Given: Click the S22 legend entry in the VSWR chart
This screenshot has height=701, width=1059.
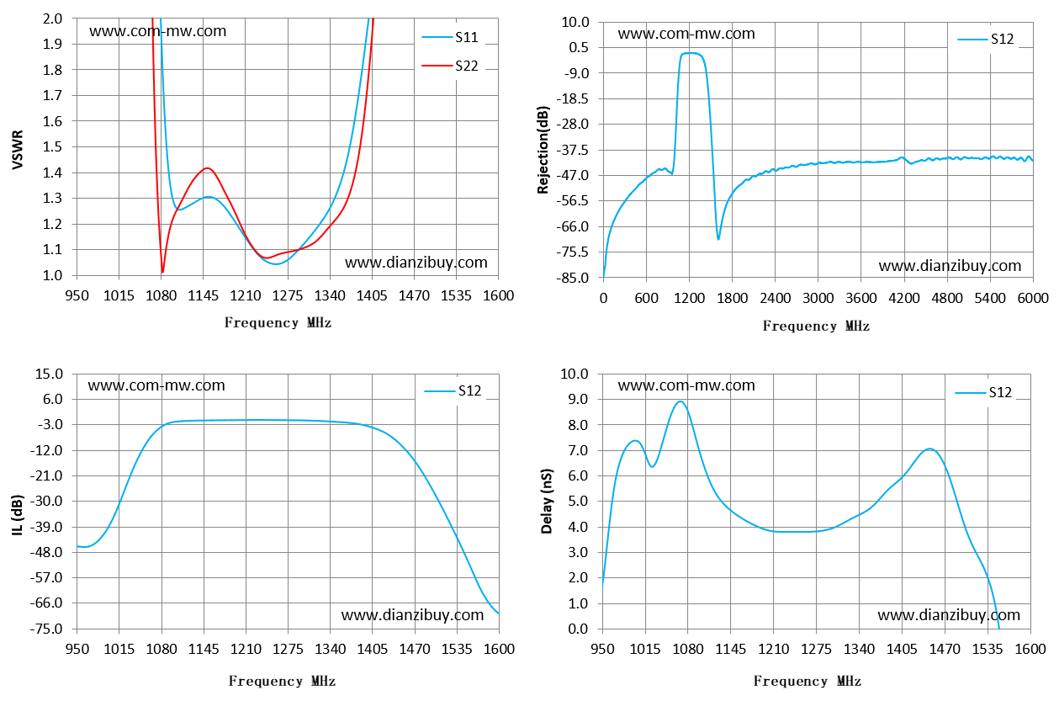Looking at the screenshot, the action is pyautogui.click(x=450, y=66).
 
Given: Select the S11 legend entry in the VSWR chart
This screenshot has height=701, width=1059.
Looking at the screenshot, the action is pyautogui.click(x=450, y=37).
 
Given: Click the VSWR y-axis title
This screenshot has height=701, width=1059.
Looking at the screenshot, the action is pyautogui.click(x=18, y=150).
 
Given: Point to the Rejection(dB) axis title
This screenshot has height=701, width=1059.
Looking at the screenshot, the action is pyautogui.click(x=543, y=150).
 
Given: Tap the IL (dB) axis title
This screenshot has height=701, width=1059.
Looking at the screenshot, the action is pyautogui.click(x=18, y=515).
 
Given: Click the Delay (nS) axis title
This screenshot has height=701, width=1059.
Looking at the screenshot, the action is pyautogui.click(x=547, y=502).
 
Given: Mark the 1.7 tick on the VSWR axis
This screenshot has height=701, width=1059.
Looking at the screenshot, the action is pyautogui.click(x=52, y=96).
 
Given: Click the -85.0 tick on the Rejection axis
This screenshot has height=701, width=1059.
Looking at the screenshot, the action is pyautogui.click(x=573, y=278).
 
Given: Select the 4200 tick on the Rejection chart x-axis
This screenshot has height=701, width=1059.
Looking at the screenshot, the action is pyautogui.click(x=904, y=298).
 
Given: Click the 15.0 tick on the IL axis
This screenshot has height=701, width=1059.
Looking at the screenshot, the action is pyautogui.click(x=49, y=374).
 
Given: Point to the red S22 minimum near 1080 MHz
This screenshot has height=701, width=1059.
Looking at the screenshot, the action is pyautogui.click(x=162, y=273).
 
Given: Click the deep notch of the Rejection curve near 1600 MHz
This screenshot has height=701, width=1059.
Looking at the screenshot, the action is pyautogui.click(x=718, y=239).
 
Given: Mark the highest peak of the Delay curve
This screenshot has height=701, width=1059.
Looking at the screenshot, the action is pyautogui.click(x=680, y=401).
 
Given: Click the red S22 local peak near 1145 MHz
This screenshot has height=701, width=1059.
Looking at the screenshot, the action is pyautogui.click(x=207, y=168).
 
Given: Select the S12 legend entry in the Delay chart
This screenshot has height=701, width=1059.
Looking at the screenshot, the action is pyautogui.click(x=983, y=392).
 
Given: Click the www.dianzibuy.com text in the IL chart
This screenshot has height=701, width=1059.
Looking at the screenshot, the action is pyautogui.click(x=413, y=615).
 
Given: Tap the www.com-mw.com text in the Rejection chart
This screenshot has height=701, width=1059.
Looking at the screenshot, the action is pyautogui.click(x=686, y=34).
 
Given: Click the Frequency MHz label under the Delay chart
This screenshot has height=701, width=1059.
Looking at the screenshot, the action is pyautogui.click(x=807, y=681).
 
